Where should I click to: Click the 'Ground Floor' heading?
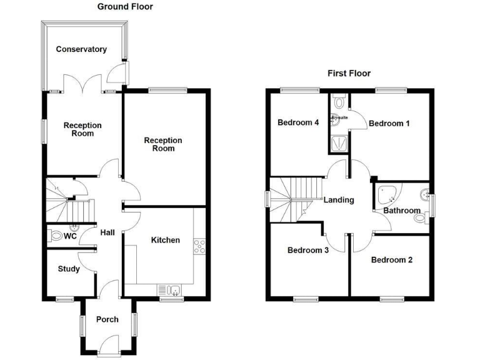(125, 7)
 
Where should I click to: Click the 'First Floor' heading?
(349, 73)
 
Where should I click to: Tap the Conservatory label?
(81, 49)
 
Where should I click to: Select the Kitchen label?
(166, 240)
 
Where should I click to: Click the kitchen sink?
(169, 289)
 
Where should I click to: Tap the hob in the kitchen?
(200, 246)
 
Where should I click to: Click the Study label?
(69, 269)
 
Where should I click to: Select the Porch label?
(107, 319)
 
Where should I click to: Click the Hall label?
(107, 232)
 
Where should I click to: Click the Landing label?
(339, 200)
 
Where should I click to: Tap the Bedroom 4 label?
(298, 122)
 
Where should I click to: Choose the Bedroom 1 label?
(389, 123)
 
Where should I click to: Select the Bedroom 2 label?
(391, 259)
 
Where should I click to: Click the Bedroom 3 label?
(308, 250)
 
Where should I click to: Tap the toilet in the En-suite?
(338, 101)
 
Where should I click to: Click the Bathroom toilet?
(427, 217)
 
